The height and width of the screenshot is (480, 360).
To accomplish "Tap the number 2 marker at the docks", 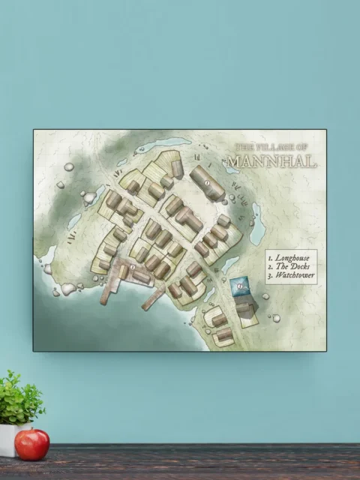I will coord(133,266).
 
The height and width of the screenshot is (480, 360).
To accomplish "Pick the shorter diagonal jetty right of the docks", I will coord(154,298).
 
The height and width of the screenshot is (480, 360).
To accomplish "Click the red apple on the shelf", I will coord(32,444).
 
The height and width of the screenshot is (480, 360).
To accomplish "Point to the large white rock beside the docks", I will coord(68,289).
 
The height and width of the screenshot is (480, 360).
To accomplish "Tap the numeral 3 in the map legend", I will coord(270,277).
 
